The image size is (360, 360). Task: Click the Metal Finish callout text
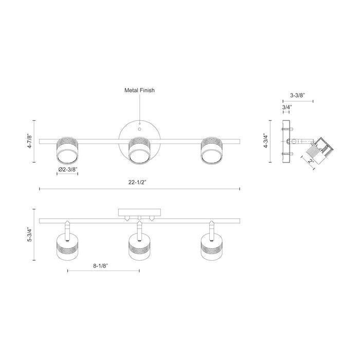click(139, 90)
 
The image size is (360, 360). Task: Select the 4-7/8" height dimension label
click(30, 141)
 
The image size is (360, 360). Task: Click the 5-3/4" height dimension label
click(30, 233)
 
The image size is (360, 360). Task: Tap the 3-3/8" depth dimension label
click(298, 95)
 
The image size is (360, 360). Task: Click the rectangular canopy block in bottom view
click(139, 211)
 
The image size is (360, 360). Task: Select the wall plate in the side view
click(286, 140)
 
